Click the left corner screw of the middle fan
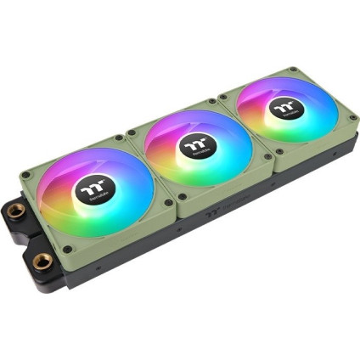pyautogui.click(x=130, y=136)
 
